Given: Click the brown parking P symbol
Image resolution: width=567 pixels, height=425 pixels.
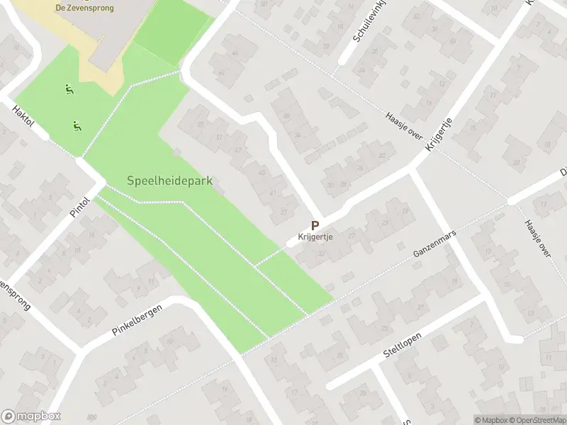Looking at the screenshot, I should point(315,225).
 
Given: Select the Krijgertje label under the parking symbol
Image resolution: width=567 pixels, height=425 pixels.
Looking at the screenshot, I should point(315,238).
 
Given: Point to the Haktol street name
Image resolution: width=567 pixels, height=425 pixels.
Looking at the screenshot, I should point(24,117).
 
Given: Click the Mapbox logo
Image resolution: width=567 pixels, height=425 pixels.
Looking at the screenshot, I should point(31,416).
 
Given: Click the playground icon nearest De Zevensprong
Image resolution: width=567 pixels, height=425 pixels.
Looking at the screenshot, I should point(69,89).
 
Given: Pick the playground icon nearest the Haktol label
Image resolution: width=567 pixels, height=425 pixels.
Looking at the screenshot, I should point(75,126).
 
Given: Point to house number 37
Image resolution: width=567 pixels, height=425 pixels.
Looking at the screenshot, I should point(284,211).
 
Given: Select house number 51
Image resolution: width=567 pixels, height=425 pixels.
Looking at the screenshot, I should point(219,137).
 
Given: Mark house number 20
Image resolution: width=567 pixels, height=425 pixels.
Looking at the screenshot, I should point(383,155).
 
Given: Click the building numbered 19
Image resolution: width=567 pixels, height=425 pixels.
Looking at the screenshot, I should point(405,210).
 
